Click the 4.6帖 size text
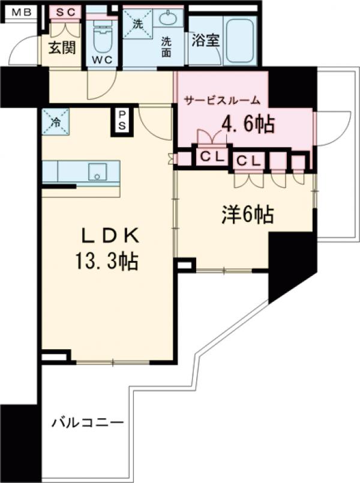pyautogui.click(x=248, y=124)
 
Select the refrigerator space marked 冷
pyautogui.click(x=55, y=121)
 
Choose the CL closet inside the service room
pyautogui.click(x=212, y=158)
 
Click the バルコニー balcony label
pyautogui.click(x=86, y=422)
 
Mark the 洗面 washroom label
pyautogui.click(x=166, y=47)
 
